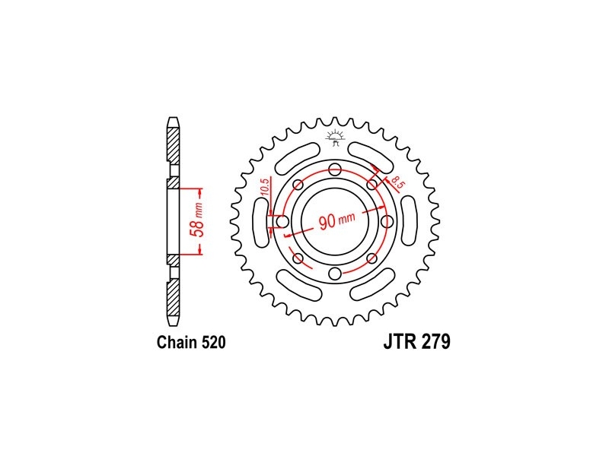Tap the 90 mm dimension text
(x=336, y=220)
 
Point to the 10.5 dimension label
(x=264, y=188)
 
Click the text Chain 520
(x=191, y=343)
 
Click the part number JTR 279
(x=416, y=341)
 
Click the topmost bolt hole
(x=334, y=169)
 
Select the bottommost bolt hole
(x=334, y=274)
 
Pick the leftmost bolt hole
(x=282, y=222)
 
